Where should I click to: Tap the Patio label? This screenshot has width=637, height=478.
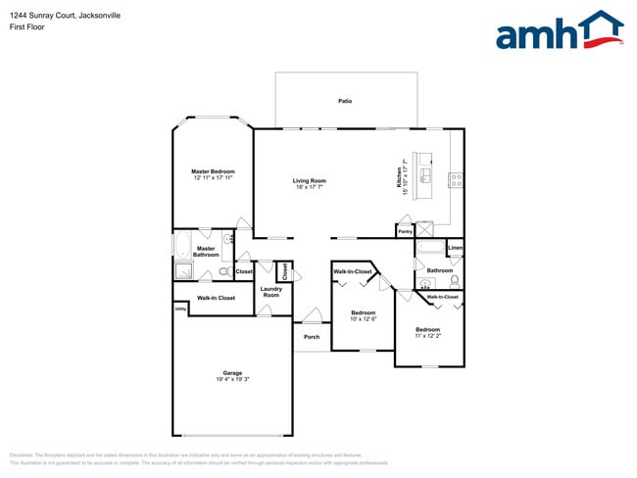[x=345, y=101]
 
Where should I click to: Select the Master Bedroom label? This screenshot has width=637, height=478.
[x=213, y=171]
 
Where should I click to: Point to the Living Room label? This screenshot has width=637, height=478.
[x=309, y=180]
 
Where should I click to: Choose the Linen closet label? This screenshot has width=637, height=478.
[x=455, y=249]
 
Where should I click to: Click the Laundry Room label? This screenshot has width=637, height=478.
[x=271, y=291]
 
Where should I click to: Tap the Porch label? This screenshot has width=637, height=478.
[x=312, y=337]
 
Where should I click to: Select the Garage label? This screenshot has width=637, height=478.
[x=232, y=372]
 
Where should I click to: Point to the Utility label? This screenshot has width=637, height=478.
[x=180, y=309]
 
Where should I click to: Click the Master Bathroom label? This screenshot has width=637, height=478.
[x=206, y=252]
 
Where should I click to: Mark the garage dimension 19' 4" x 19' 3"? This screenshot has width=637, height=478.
[x=232, y=379]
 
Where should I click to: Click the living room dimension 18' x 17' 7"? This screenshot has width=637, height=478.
[x=309, y=186]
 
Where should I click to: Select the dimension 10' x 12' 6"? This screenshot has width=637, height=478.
[x=364, y=318]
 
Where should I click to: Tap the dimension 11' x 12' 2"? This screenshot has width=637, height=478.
[x=427, y=336]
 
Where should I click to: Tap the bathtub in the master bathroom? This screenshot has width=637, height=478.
[x=183, y=245]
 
